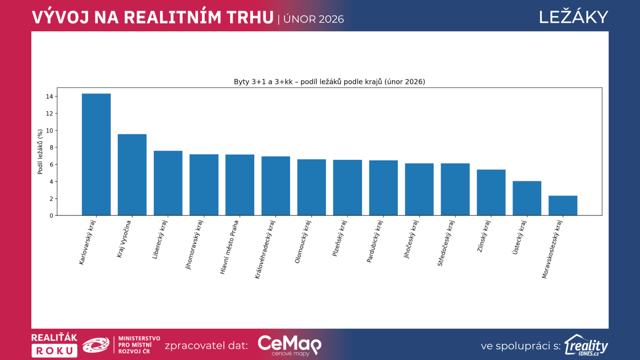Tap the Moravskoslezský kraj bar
point(563,206)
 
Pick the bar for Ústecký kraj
point(527,198)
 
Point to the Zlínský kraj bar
point(491,192)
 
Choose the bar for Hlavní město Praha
point(240,185)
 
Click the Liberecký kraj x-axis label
point(160,240)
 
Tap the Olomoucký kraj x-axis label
point(303,242)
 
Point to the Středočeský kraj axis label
point(446,243)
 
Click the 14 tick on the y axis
point(50,96)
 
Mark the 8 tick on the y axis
point(51,148)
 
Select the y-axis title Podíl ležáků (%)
point(40,152)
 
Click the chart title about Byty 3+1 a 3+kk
point(329,82)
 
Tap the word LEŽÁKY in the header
point(573,17)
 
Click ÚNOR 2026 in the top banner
point(314,19)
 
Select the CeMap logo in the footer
point(289,345)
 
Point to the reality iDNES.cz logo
point(586,345)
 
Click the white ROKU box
point(54,351)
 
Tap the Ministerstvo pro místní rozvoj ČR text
point(139,345)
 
